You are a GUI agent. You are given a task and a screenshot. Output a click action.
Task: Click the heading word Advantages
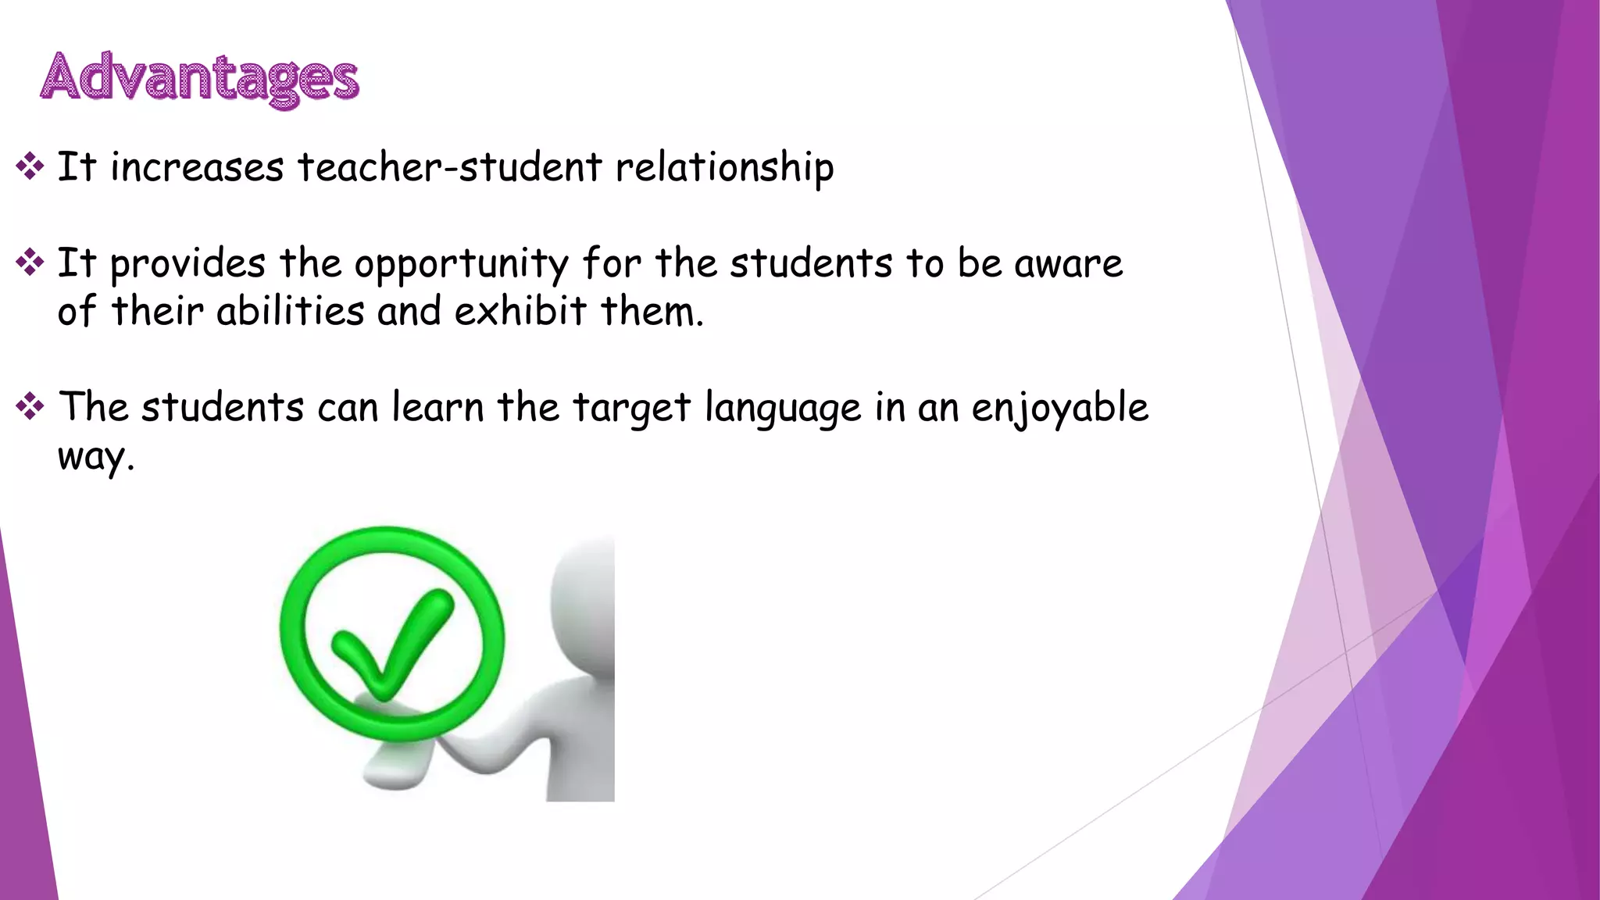(199, 78)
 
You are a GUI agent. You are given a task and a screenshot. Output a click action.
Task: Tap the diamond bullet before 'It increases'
(30, 166)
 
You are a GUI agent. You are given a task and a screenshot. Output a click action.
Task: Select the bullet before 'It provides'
(30, 262)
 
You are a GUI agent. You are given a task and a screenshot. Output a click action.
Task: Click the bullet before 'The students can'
(30, 406)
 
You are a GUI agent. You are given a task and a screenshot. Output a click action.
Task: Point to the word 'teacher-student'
(450, 167)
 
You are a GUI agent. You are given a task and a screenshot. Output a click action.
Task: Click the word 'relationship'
(724, 167)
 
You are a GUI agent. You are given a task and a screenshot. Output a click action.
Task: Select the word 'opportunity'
(461, 264)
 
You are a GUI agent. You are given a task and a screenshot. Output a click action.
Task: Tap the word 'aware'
(1068, 263)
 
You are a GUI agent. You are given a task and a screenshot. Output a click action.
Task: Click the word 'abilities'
(291, 311)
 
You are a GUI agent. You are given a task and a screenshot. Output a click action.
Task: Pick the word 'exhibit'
(520, 311)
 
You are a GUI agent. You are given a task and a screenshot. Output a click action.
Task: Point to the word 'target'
(631, 409)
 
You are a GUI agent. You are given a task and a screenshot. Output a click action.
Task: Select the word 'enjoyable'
(1059, 409)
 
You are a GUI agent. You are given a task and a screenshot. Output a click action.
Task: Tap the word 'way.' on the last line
(95, 456)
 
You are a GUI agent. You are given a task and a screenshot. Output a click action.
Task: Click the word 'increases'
(197, 167)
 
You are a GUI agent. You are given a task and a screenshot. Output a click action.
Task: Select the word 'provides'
(187, 264)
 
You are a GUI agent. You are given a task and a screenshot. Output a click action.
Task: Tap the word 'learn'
(437, 407)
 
